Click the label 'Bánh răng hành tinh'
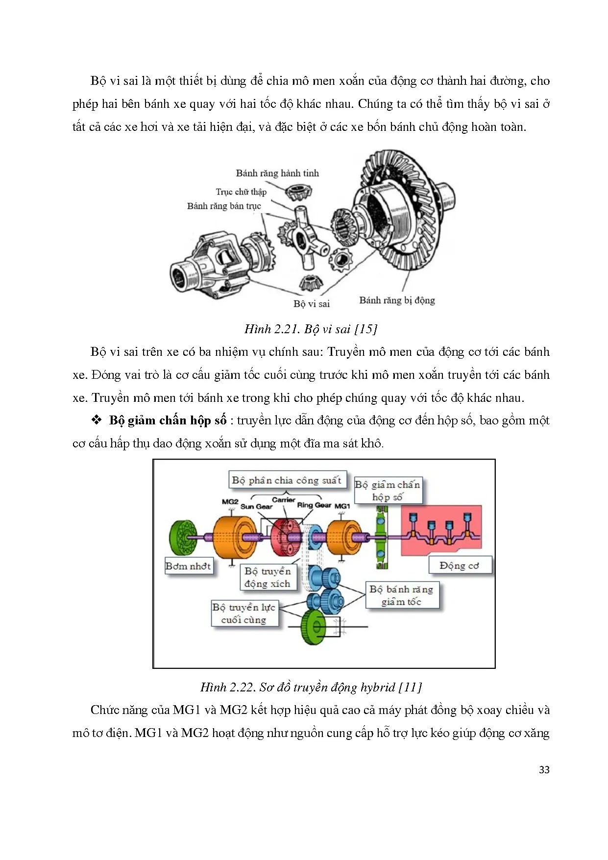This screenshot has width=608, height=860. coord(277,173)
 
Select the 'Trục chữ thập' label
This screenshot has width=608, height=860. coord(241,192)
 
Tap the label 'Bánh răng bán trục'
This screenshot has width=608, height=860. coord(224,206)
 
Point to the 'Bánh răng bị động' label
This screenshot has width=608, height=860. coord(397,300)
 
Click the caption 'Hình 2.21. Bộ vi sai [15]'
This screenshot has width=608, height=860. coord(311,329)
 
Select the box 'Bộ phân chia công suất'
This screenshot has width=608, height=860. coord(287,480)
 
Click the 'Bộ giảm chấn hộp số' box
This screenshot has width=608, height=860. coord(388,491)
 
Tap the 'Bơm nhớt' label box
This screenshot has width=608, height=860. coord(189,566)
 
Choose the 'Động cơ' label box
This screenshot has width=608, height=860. coord(459,565)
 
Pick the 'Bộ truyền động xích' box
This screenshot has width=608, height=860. coord(268,577)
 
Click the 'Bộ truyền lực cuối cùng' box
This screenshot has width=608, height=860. coord(244,613)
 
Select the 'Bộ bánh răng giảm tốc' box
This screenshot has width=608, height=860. coord(402,595)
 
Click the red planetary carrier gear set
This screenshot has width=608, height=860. coord(286,537)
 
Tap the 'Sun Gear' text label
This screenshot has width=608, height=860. coord(256,507)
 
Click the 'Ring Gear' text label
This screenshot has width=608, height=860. coord(314,505)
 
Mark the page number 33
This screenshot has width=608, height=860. coord(544,770)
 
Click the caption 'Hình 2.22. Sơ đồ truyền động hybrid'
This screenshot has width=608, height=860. coord(311,687)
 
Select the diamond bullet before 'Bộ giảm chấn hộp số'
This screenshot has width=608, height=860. coord(97,420)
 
